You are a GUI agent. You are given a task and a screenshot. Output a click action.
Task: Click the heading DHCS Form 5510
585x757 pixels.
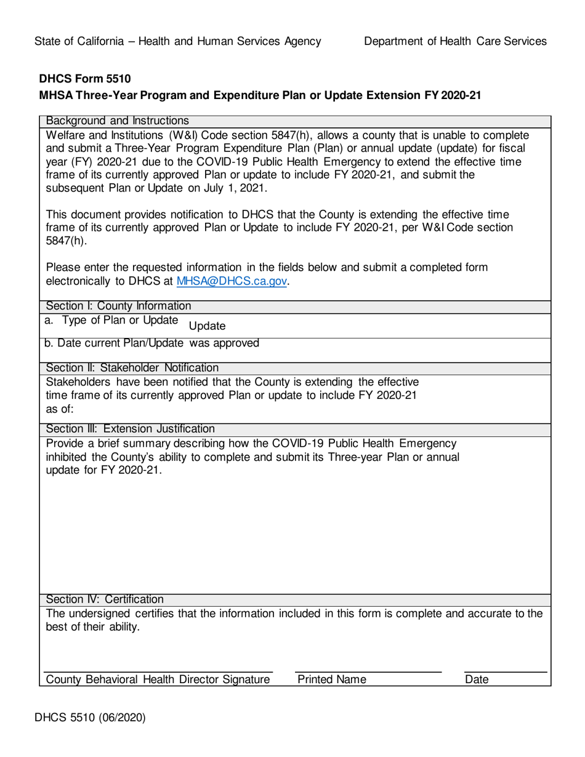[x=85, y=79]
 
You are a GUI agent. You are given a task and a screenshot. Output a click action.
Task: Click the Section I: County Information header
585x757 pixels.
[x=118, y=305]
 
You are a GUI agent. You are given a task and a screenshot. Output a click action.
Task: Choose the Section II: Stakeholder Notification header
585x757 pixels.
[x=132, y=368]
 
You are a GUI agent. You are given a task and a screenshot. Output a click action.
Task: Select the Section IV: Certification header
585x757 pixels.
[x=105, y=599]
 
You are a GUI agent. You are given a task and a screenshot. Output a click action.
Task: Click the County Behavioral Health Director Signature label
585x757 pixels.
[x=158, y=679]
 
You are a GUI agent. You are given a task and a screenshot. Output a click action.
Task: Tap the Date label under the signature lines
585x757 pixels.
[x=477, y=679]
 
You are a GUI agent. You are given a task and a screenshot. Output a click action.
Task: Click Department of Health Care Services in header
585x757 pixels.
[x=455, y=41]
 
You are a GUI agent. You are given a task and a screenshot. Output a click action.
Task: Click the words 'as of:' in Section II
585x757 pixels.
[x=60, y=407]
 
